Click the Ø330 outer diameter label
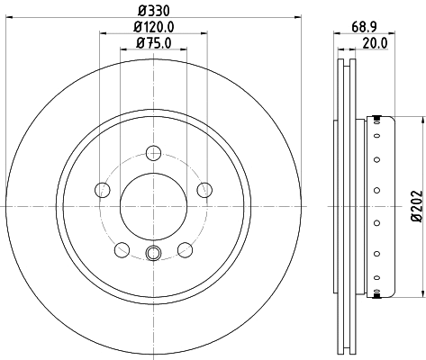pyautogui.click(x=153, y=12)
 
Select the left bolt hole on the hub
pyautogui.click(x=102, y=190)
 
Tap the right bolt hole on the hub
pyautogui.click(x=204, y=190)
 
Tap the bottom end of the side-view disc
pyautogui.click(x=347, y=352)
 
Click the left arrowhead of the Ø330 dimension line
pyautogui.click(x=8, y=19)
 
